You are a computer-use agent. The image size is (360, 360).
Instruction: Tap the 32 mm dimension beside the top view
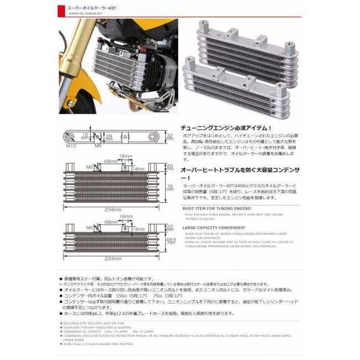(x=170, y=137)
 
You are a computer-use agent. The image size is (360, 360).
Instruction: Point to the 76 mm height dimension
(x=171, y=187)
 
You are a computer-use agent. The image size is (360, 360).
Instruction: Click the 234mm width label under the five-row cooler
(x=113, y=210)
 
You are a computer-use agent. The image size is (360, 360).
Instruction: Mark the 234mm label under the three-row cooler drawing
(x=113, y=258)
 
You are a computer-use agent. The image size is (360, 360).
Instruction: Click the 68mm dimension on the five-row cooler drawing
(x=111, y=161)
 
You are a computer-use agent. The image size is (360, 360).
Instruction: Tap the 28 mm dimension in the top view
(x=110, y=137)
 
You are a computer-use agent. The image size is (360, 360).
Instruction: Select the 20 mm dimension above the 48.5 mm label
(x=170, y=226)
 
